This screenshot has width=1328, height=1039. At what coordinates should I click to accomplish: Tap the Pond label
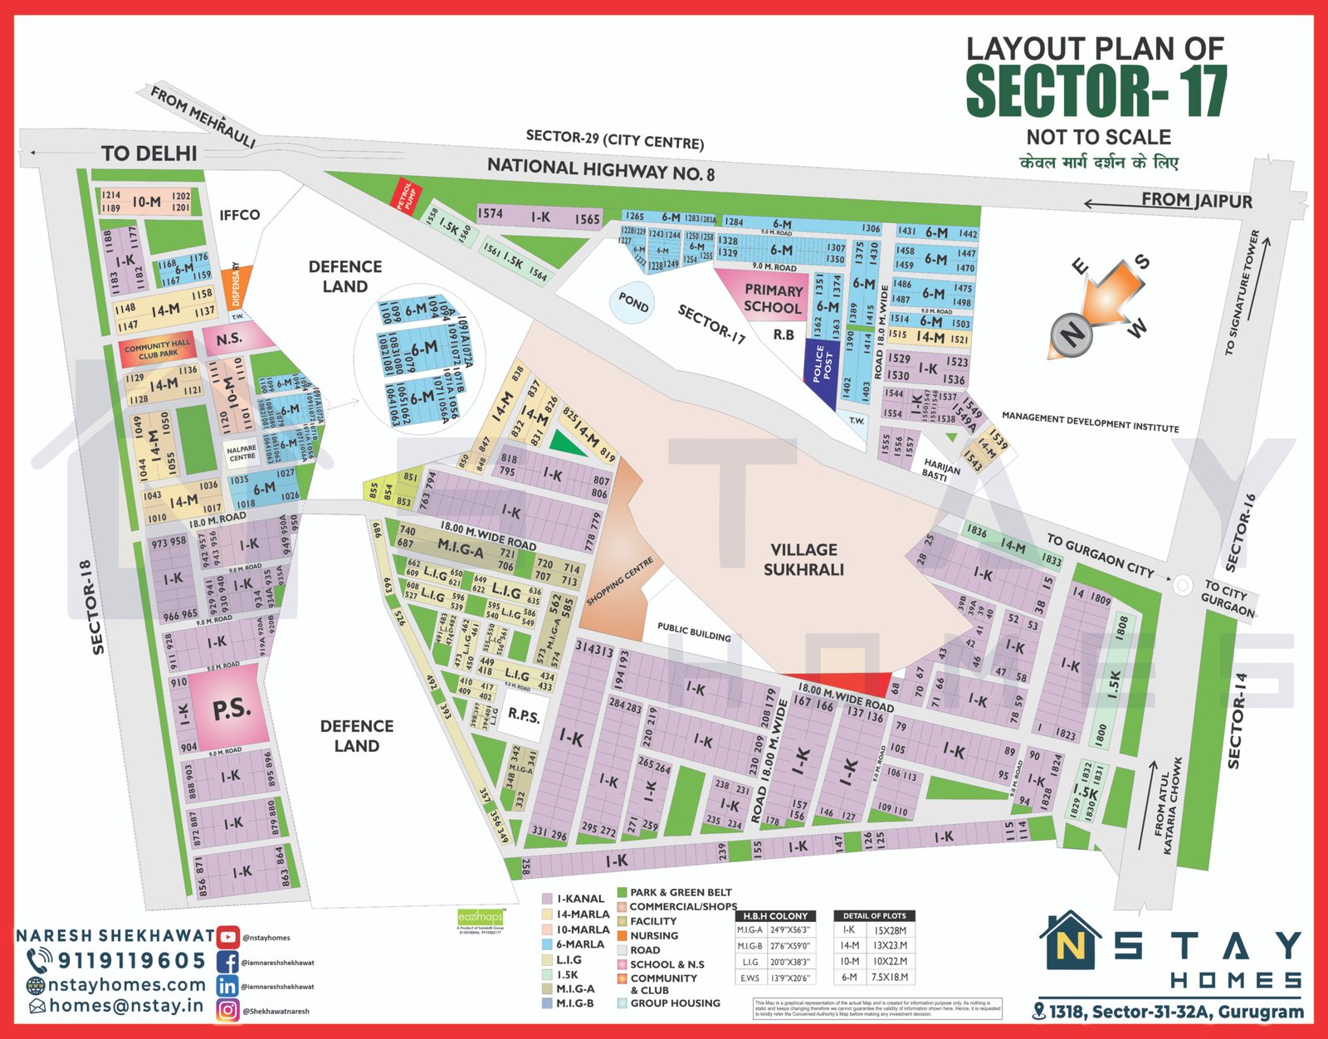coord(633,303)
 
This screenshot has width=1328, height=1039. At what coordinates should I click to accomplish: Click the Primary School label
coord(773,299)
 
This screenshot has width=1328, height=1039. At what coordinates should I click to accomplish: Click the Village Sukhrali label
coord(803,559)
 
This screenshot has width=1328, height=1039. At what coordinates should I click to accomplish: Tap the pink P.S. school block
coord(230,709)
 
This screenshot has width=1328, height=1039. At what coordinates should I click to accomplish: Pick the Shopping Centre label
coord(620,581)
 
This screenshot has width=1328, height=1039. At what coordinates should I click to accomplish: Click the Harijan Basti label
coord(941,470)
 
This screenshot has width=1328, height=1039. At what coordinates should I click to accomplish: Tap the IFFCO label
coord(239,215)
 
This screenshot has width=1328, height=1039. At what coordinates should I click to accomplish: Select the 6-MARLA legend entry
coord(580,944)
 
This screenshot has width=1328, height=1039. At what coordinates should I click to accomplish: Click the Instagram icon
coord(227,1010)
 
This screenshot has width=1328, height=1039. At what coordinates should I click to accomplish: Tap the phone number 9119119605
coord(130,961)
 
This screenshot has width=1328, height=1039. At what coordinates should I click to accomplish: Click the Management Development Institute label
coord(1090,422)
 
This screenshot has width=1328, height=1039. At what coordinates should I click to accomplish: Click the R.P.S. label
coord(523,715)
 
